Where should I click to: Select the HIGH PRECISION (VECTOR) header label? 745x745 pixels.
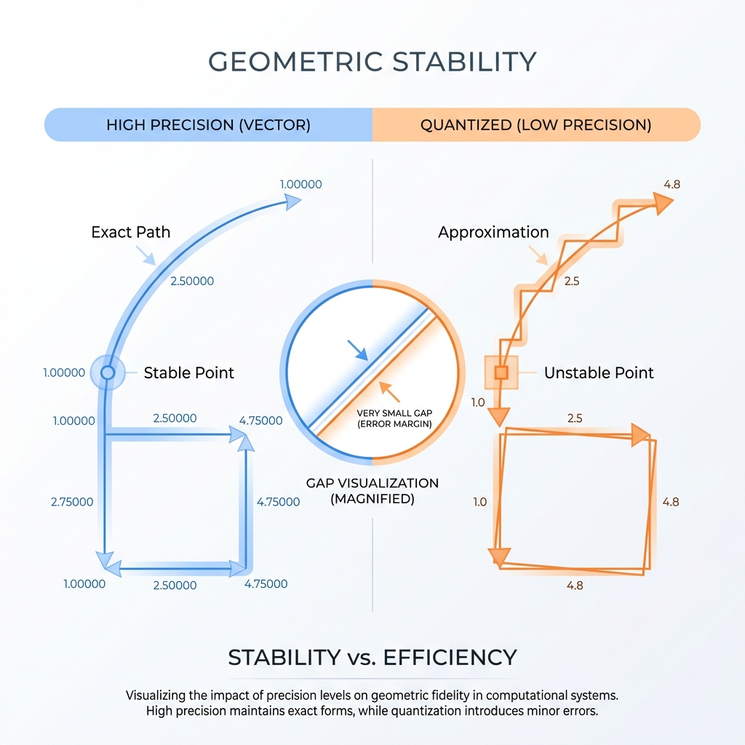(208, 124)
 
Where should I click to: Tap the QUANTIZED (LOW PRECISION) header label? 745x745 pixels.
(535, 124)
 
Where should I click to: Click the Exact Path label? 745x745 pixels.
(131, 232)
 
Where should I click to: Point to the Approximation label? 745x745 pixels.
(493, 233)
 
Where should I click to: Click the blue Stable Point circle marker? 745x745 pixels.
(108, 373)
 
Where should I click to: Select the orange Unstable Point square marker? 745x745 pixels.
(501, 373)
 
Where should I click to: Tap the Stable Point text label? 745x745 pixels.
(189, 373)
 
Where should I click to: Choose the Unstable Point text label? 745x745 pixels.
(599, 373)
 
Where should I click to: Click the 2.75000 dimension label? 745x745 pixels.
(72, 502)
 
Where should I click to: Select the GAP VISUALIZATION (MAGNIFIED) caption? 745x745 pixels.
(372, 491)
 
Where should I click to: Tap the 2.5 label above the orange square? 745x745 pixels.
(575, 418)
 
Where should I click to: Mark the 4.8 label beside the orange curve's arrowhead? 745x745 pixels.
(672, 184)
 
